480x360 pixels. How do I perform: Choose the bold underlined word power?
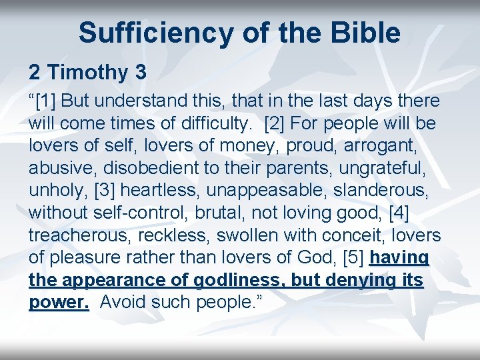point(59,302)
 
